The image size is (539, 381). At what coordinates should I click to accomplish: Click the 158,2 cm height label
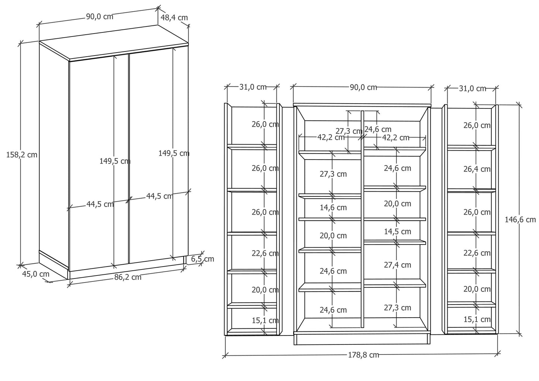tap(22, 155)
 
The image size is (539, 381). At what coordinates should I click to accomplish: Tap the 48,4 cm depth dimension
tap(174, 18)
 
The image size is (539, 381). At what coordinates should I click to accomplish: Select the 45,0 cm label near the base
tap(35, 274)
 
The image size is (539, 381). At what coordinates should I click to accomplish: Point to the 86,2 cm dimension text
tap(128, 277)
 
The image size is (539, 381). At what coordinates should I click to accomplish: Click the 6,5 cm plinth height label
tap(203, 259)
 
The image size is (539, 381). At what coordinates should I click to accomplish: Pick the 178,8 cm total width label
tap(364, 355)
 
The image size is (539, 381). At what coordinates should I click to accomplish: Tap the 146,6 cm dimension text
tap(520, 220)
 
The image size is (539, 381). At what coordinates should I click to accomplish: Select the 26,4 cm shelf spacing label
tap(477, 169)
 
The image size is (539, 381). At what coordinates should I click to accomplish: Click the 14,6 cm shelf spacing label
tap(333, 207)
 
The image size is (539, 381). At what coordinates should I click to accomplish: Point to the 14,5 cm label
tap(398, 232)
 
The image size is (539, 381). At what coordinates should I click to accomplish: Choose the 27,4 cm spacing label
tap(398, 265)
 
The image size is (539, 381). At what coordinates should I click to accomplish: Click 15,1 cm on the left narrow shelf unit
tap(265, 320)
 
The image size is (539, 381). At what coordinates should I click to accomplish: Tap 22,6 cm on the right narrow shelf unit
tap(477, 253)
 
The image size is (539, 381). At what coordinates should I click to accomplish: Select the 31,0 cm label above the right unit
tap(473, 88)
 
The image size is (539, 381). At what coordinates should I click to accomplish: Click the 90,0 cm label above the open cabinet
tap(363, 87)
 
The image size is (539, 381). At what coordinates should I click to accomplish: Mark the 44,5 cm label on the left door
tap(100, 204)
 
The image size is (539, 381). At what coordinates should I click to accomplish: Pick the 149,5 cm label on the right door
tap(174, 153)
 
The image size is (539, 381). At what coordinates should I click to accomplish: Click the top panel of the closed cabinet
tap(114, 43)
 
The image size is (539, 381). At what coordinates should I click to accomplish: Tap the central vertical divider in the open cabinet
tap(363, 219)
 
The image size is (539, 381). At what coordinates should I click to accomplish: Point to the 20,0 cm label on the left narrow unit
tap(265, 290)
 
